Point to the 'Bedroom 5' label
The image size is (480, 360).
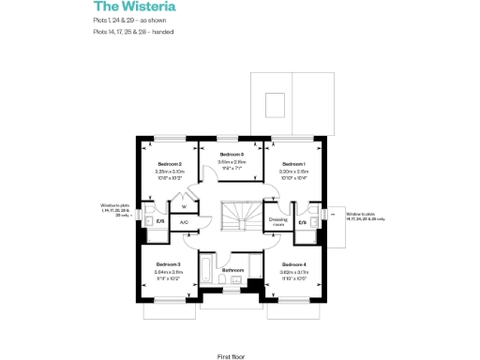click(x=232, y=154)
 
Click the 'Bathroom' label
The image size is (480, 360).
click(x=232, y=270)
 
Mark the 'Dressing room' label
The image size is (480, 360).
click(x=277, y=222)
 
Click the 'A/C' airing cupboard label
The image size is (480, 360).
click(x=184, y=222)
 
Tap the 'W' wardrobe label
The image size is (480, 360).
click(x=184, y=207)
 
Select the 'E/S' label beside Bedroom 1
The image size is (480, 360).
click(x=302, y=222)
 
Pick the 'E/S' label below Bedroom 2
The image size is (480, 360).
click(x=160, y=221)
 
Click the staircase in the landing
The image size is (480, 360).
click(x=236, y=217)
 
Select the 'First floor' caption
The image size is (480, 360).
click(x=232, y=357)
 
